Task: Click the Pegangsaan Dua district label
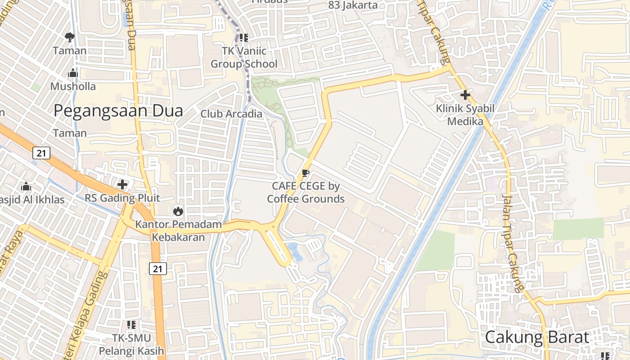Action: coord(118,111)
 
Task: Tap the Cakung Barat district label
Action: coord(537,337)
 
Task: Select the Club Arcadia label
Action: coord(231,114)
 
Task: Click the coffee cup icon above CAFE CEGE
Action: coord(306,173)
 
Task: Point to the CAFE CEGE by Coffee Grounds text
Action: coord(306,192)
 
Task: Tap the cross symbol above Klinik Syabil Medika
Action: coord(465,95)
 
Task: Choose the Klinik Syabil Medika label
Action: coord(465,115)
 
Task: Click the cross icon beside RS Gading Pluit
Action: coord(122,184)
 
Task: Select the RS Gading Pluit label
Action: coord(122,198)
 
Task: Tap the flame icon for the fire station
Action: coord(178,211)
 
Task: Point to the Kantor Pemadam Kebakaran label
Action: coord(179,230)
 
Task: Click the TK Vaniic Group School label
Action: coord(244,58)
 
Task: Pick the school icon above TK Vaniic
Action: coord(244,38)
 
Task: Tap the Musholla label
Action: coord(73,86)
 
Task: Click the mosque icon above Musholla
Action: coord(73,73)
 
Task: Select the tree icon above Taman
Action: coord(69,37)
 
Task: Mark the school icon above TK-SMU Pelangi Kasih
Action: coord(131,324)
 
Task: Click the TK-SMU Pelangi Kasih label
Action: coord(132,344)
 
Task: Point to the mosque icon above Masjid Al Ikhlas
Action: coord(26,186)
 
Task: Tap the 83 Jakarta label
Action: coord(353,5)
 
